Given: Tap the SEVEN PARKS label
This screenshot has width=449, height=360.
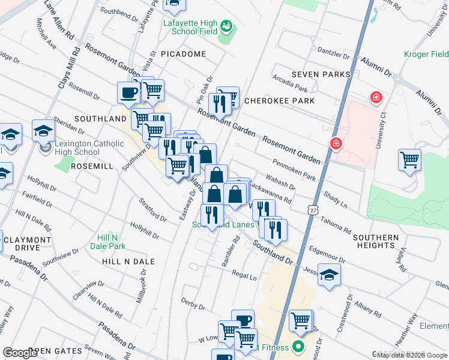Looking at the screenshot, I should coord(321,74).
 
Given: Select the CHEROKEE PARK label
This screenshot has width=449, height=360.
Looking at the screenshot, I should coord(279,101).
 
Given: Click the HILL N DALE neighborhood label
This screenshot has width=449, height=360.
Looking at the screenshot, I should coord(128,262).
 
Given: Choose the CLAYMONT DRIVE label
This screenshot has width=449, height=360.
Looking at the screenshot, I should coord(27,244).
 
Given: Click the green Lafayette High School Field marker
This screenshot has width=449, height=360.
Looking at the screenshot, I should coord(226,26).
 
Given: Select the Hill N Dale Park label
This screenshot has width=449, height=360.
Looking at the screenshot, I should coord(108,241).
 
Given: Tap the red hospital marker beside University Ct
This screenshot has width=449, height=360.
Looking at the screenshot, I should coord(376,97).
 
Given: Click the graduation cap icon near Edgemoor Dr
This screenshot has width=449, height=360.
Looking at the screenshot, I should coord(329,275).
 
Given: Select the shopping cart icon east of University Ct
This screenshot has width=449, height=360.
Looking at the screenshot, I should coord(409,160).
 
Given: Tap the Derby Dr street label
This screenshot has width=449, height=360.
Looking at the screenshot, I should coord(193,305).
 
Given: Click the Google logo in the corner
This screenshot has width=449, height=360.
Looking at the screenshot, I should coord(20,353).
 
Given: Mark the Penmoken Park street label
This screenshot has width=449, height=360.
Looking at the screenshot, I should coord(294,169).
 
